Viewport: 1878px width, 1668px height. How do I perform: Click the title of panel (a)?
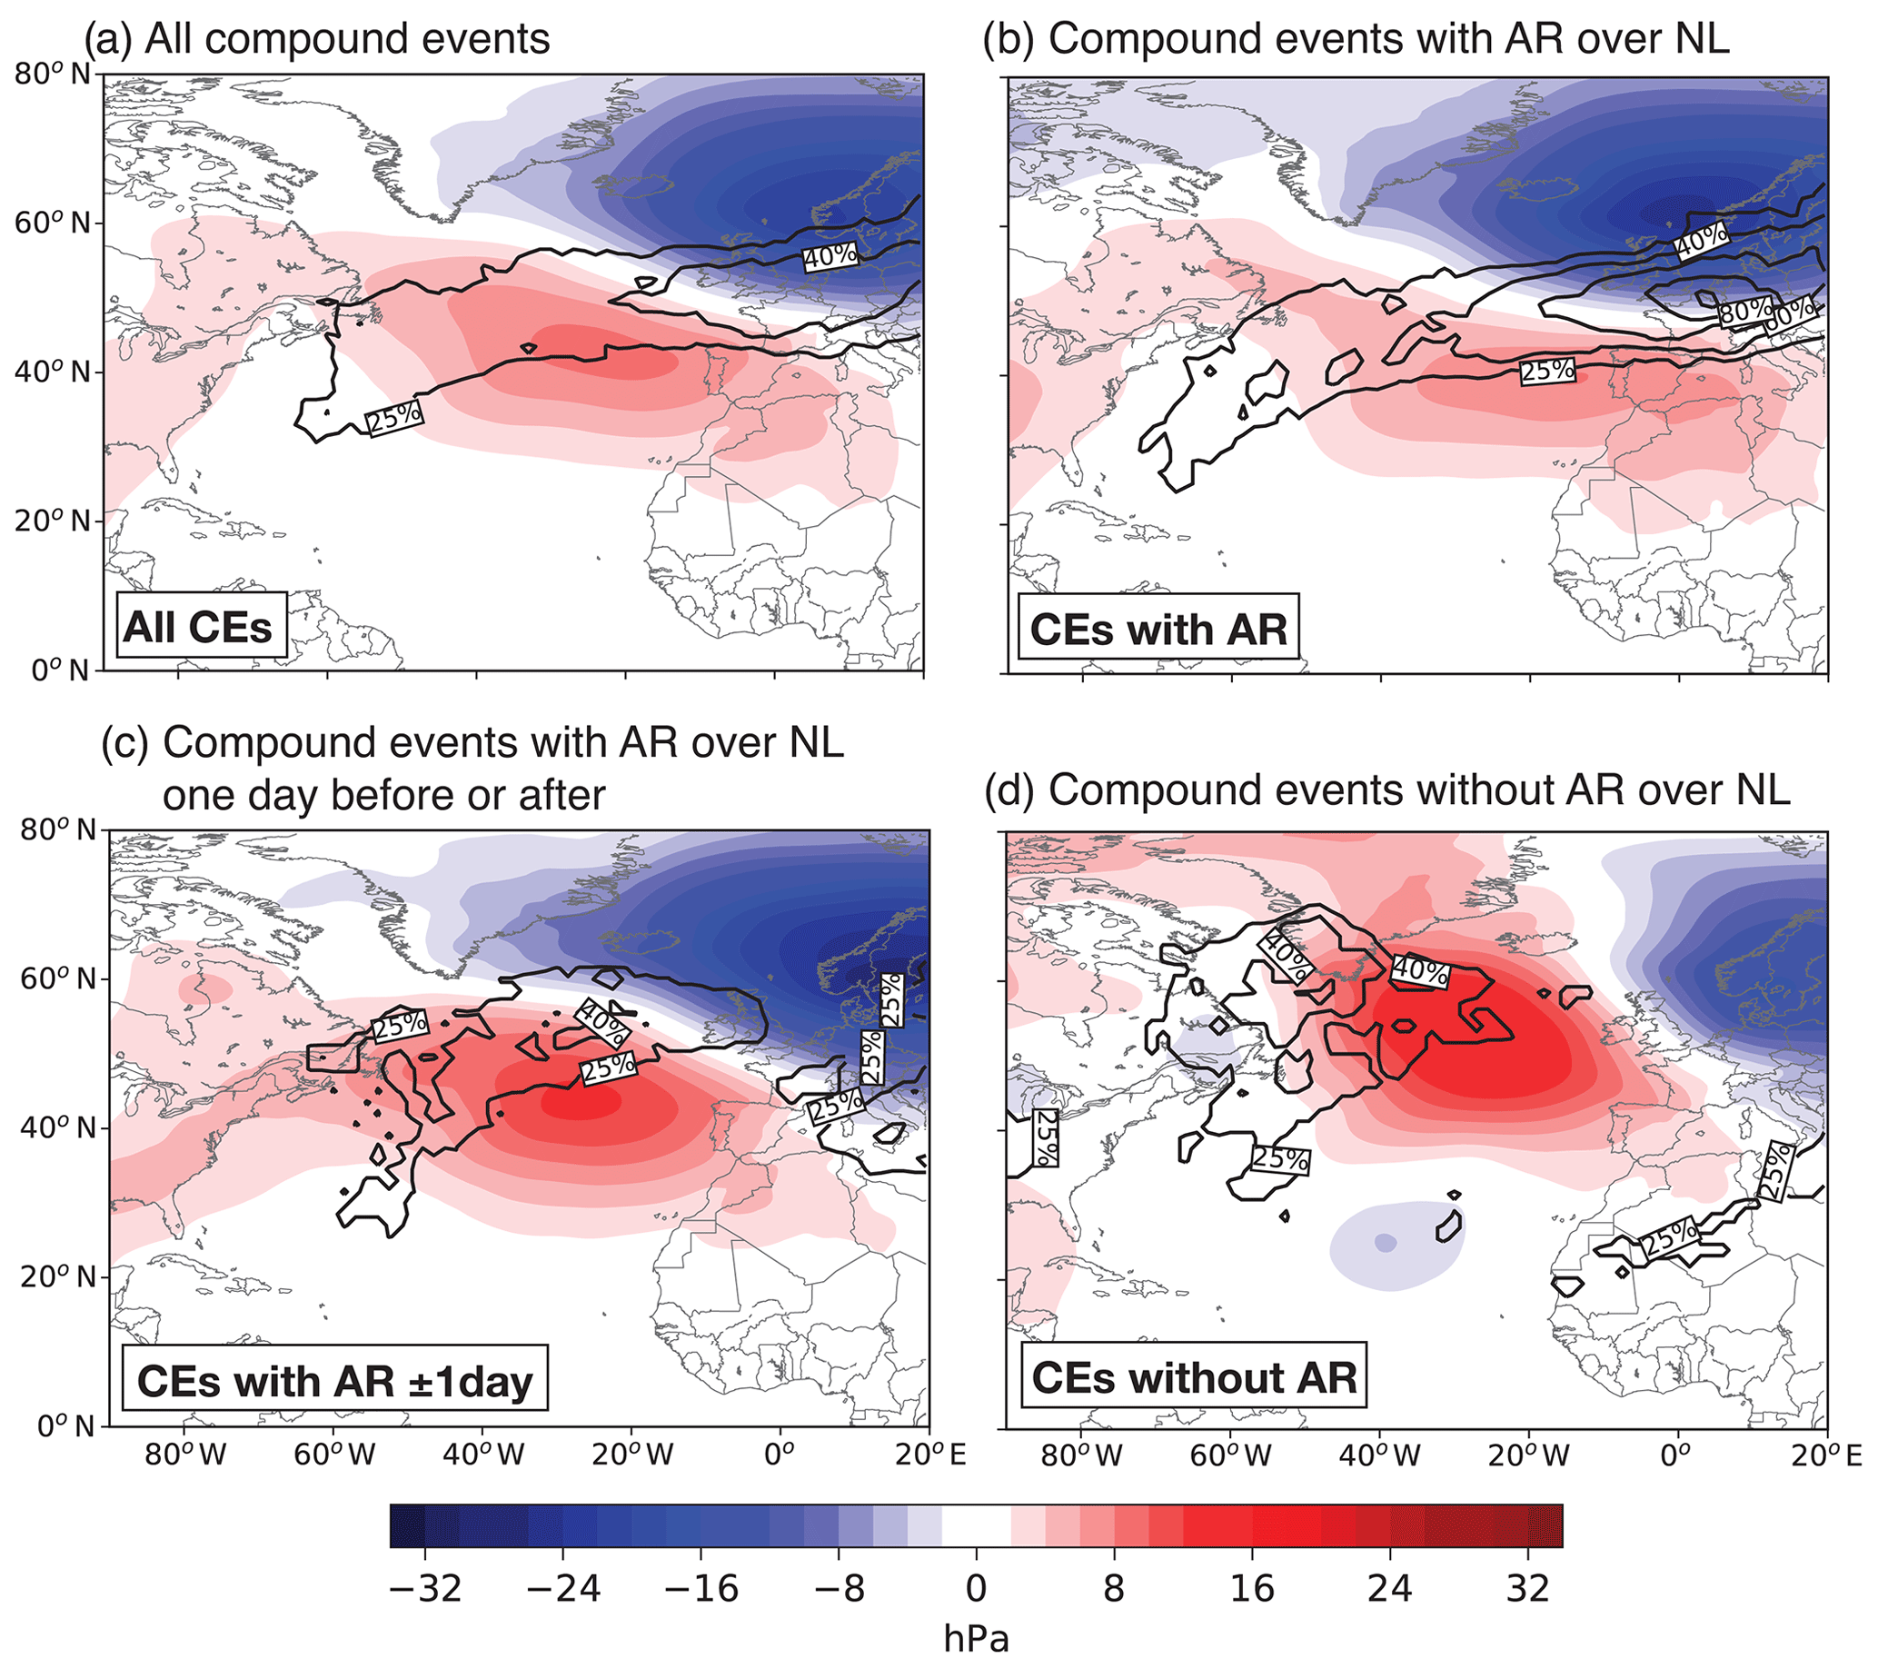[317, 38]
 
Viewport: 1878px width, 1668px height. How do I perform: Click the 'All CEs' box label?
[197, 627]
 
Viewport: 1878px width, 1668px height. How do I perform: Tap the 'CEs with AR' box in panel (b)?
[1158, 630]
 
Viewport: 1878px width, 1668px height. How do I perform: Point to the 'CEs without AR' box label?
[1194, 1378]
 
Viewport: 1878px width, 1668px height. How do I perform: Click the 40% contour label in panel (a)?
[830, 256]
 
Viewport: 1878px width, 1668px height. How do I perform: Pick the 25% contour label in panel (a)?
[395, 418]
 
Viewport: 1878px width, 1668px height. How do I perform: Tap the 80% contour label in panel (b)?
[1744, 312]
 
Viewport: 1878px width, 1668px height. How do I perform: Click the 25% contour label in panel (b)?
[1547, 371]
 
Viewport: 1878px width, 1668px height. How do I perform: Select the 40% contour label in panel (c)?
[602, 1022]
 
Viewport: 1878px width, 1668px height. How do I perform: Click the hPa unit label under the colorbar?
[976, 1639]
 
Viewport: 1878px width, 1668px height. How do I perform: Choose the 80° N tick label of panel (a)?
[53, 74]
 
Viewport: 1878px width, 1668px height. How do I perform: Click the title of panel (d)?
[1386, 789]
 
